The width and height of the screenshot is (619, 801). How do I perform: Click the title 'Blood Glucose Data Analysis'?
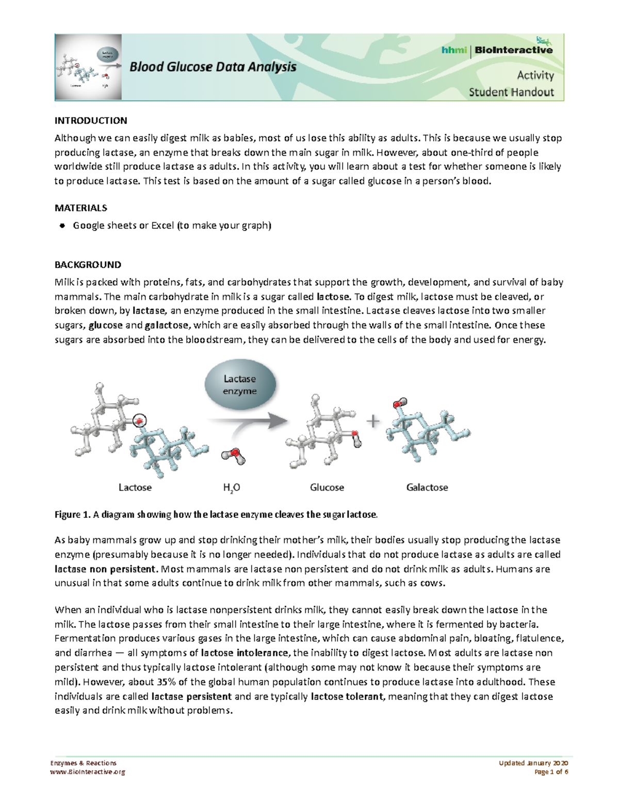[213, 67]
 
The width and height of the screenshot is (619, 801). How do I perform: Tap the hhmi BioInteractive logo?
[497, 50]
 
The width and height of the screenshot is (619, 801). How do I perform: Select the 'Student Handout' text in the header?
[511, 92]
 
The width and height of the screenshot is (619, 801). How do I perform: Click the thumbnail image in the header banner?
[88, 67]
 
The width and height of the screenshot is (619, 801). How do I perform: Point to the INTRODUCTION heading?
[91, 121]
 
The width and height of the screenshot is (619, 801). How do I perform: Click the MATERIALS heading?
[81, 208]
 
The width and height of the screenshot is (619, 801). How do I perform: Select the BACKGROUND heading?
[88, 265]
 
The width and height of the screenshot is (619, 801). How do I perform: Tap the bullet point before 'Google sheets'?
[62, 225]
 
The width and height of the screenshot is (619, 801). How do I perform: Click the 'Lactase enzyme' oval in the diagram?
[240, 385]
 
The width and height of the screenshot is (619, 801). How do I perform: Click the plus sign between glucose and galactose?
[372, 421]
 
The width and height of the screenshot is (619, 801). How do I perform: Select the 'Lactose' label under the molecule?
[135, 487]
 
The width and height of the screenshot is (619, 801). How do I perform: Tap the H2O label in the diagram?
[232, 488]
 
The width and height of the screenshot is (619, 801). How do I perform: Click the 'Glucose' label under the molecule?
[327, 487]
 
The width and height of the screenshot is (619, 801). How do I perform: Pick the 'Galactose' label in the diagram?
[427, 487]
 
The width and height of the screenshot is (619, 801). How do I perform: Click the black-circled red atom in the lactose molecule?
[139, 421]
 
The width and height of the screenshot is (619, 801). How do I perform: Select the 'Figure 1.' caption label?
[72, 514]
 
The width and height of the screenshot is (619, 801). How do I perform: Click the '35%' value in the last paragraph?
[167, 682]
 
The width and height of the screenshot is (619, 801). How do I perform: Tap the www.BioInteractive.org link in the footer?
[87, 772]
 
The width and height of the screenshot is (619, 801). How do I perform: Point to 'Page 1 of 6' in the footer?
[551, 772]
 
